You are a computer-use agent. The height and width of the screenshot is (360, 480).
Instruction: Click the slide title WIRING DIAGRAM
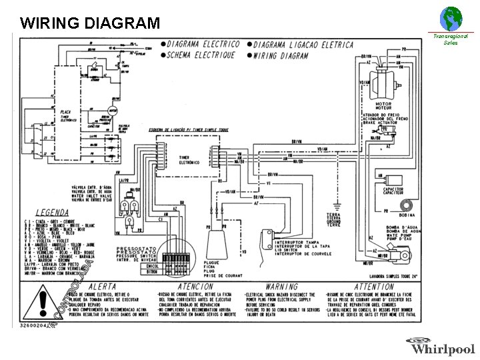point(90,23)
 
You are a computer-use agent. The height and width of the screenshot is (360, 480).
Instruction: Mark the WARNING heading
point(281,287)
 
